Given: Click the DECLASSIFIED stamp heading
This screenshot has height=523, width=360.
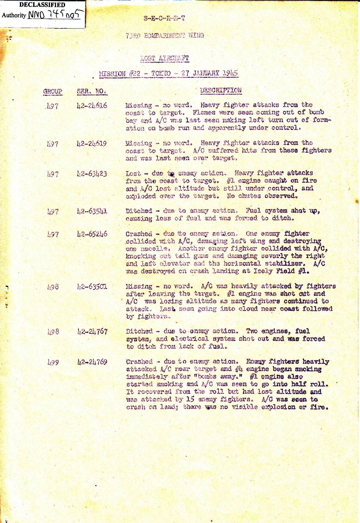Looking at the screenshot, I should (x=42, y=5).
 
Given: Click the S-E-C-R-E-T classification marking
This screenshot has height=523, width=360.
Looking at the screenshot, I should (x=164, y=19).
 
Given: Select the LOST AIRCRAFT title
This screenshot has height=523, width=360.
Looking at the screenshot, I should (x=164, y=59).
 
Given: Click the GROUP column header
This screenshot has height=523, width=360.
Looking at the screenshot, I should (x=52, y=92).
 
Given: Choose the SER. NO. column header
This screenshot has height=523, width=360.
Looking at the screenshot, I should (x=91, y=92).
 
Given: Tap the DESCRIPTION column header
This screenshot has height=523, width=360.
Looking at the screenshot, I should (x=221, y=91).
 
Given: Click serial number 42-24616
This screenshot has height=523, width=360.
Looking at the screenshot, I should (x=92, y=106).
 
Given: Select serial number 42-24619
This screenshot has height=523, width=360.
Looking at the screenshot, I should (x=92, y=144).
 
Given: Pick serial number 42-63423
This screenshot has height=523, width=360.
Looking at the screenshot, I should (x=92, y=174).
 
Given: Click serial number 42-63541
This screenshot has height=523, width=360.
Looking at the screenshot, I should (x=92, y=211).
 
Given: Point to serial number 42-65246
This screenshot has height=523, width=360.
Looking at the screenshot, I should (x=92, y=234).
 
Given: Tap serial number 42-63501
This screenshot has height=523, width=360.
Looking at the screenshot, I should (x=92, y=287).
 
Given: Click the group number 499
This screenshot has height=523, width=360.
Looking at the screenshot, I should (x=53, y=362).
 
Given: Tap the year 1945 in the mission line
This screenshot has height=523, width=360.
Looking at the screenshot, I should (x=230, y=73).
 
